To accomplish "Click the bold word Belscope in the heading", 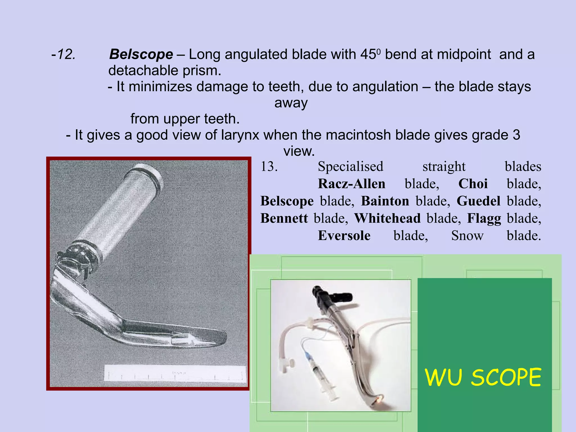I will pos(141,54).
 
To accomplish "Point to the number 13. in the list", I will pos(269,166).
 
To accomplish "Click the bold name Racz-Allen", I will pos(352,184).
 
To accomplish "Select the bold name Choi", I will pos(473,184).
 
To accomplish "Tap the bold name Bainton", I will pos(385,201).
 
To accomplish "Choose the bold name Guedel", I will pos(478,201).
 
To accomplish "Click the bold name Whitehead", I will pos(387,218).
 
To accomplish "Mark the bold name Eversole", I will pos(344,236).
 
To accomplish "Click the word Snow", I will pos(467,236).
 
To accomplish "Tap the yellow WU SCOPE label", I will pos(483,377).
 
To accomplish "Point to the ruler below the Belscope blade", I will pos(175,373).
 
